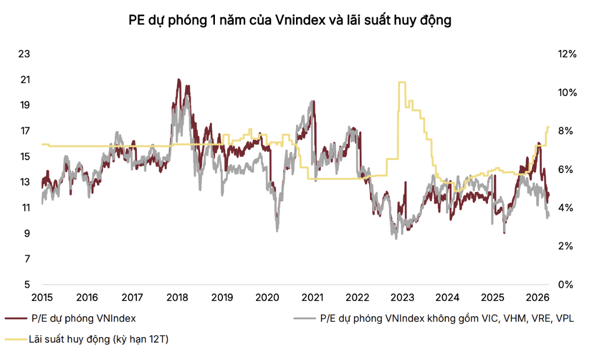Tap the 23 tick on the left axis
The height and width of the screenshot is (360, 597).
pyautogui.click(x=24, y=54)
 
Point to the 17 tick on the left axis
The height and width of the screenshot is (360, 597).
pyautogui.click(x=24, y=131)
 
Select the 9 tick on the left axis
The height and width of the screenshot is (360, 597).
pyautogui.click(x=26, y=233)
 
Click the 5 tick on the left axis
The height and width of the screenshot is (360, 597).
pyautogui.click(x=26, y=284)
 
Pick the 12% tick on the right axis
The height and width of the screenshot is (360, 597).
pyautogui.click(x=566, y=54)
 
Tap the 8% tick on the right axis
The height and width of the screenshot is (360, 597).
pyautogui.click(x=564, y=131)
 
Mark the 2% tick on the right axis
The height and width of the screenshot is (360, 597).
pyautogui.click(x=564, y=246)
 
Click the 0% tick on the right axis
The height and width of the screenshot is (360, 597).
pyautogui.click(x=564, y=284)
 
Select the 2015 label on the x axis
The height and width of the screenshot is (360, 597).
pyautogui.click(x=42, y=298)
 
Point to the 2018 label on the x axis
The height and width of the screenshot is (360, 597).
pyautogui.click(x=177, y=298)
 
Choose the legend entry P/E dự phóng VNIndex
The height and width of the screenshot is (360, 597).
pyautogui.click(x=83, y=318)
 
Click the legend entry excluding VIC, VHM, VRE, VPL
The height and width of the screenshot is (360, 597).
pyautogui.click(x=446, y=318)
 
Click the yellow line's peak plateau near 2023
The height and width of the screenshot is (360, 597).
pyautogui.click(x=401, y=82)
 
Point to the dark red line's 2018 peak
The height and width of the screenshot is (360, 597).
pyautogui.click(x=179, y=80)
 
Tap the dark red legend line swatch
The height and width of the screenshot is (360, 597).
pyautogui.click(x=15, y=318)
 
